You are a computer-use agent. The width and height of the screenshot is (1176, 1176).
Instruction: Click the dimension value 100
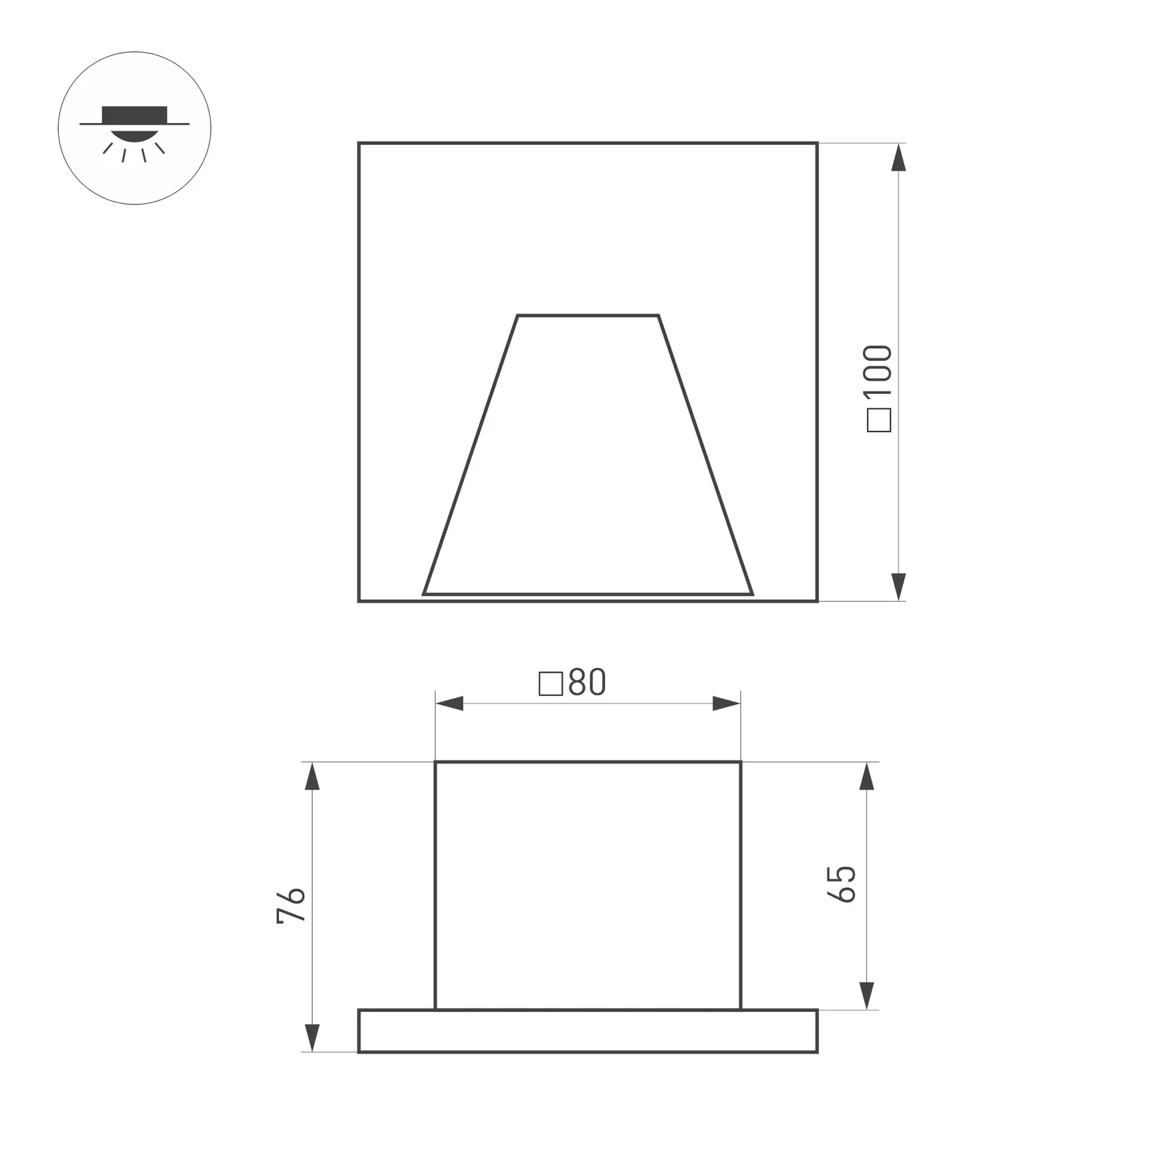coord(879,370)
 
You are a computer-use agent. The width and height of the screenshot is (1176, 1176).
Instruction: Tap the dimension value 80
coord(587,682)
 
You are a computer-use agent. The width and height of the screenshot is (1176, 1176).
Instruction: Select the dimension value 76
coord(291,906)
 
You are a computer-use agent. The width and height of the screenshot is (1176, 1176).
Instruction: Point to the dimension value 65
coord(842,885)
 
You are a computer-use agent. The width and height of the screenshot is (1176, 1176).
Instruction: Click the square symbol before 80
coord(551,684)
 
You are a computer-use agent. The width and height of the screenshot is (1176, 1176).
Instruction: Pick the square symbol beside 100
coord(879,420)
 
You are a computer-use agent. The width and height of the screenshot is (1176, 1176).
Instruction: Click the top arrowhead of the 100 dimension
coord(899,157)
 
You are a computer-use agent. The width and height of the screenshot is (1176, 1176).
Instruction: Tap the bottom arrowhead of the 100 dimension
coord(899,587)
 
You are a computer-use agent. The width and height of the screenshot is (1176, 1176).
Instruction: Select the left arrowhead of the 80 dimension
coord(449,704)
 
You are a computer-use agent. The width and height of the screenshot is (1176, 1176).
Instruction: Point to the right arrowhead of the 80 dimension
coord(727,704)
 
